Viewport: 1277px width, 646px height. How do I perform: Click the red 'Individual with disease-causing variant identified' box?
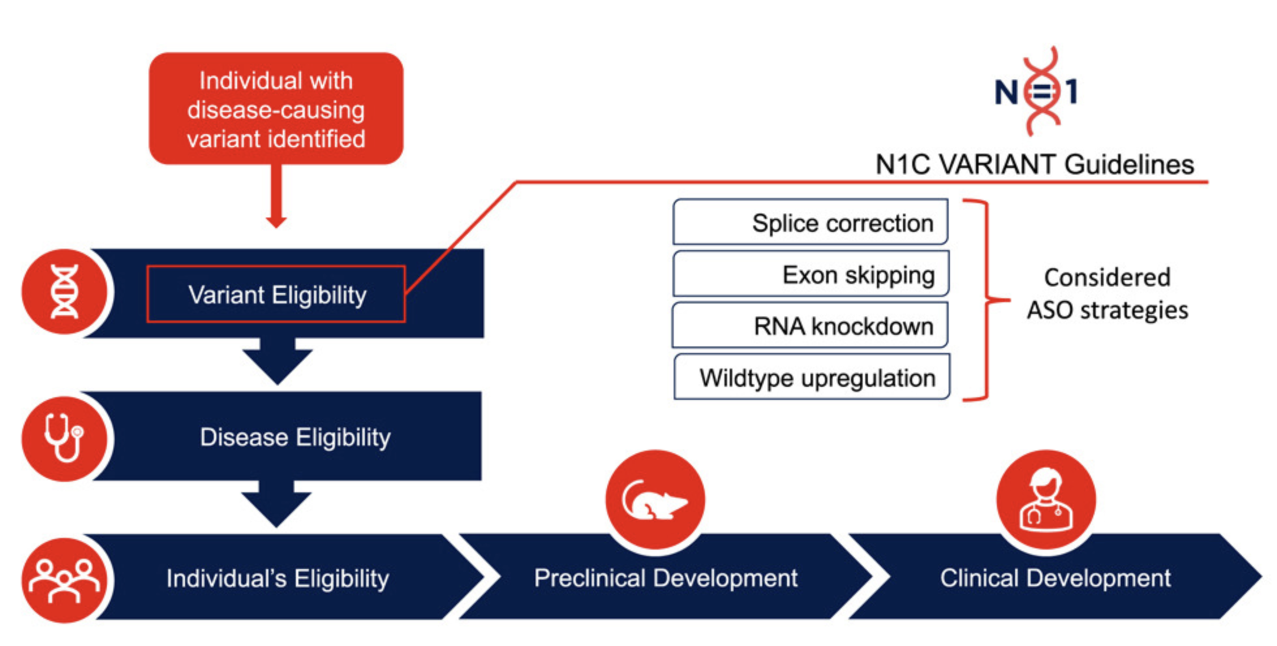[276, 109]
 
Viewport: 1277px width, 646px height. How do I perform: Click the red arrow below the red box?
[276, 195]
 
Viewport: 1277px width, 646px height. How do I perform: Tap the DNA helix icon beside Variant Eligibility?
[65, 292]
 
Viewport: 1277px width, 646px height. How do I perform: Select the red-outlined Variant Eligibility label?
[276, 294]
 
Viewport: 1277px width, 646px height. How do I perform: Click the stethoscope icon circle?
[64, 438]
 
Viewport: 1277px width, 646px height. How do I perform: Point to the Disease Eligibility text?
[295, 437]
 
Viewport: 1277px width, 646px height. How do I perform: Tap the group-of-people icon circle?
[64, 580]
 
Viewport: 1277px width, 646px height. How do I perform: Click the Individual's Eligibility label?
[278, 578]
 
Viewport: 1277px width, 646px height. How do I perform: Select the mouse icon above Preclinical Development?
[655, 500]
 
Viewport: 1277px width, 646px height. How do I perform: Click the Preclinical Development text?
[665, 578]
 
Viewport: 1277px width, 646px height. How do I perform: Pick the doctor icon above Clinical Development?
[1046, 500]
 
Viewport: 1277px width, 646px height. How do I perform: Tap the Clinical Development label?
[1055, 578]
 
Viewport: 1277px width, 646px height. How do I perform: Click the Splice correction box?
[811, 223]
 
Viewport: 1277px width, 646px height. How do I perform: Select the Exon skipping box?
[811, 274]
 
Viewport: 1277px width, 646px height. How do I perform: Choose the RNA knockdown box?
[811, 326]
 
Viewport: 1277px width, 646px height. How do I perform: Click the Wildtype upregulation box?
[812, 377]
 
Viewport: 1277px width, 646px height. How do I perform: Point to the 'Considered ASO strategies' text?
[1107, 294]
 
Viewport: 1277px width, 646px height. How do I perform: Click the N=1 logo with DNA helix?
[1037, 91]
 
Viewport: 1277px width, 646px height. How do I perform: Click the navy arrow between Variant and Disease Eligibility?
[278, 361]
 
